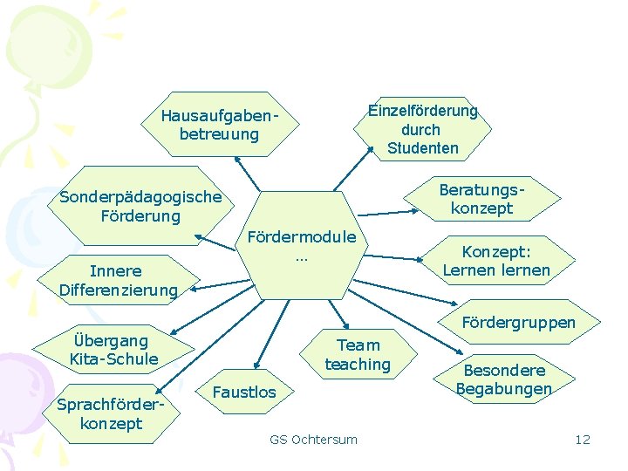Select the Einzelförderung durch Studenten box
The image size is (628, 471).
tap(422, 129)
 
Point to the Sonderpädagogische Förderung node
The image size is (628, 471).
tap(140, 207)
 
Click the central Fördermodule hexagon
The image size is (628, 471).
tap(302, 246)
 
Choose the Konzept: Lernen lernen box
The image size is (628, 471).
tap(495, 260)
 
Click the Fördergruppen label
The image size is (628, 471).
tap(518, 323)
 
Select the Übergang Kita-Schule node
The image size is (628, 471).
tap(113, 349)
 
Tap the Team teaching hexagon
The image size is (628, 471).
tap(358, 354)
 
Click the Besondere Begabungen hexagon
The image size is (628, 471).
tap(503, 379)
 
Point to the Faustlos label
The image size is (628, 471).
tap(243, 392)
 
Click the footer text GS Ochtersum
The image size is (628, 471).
tap(313, 439)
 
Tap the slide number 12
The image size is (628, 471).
tap(583, 439)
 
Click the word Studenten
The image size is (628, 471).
tap(422, 147)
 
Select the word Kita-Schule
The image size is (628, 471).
tap(113, 358)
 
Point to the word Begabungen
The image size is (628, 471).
tap(503, 388)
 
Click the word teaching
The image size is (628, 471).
tap(358, 364)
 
